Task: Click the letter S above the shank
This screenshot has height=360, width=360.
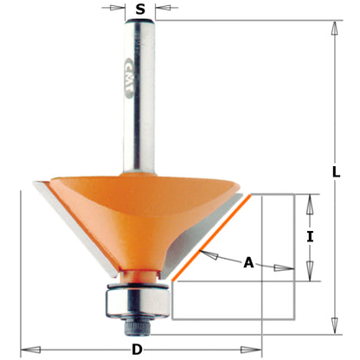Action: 138,10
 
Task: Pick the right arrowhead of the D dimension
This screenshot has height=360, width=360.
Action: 257,350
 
